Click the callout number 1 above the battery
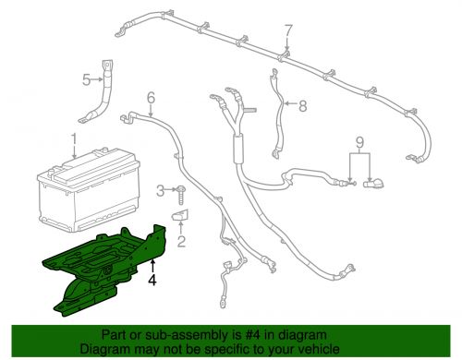pos(71,139)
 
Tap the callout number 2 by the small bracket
pos(181,242)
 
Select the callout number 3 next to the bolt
pos(160,190)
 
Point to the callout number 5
pos(87,80)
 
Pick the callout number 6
pos(151,96)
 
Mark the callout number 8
pos(301,105)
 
